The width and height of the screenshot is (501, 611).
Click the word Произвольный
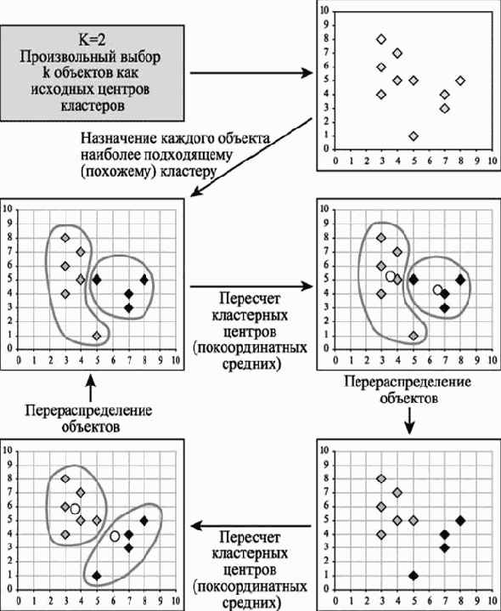click(64, 58)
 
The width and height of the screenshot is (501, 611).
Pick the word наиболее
click(110, 155)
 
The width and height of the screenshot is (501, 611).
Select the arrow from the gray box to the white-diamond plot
click(251, 73)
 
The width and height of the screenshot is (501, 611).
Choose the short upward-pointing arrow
click(91, 388)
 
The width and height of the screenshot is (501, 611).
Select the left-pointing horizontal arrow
click(250, 526)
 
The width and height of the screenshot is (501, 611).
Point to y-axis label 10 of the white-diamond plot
click(324, 11)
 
